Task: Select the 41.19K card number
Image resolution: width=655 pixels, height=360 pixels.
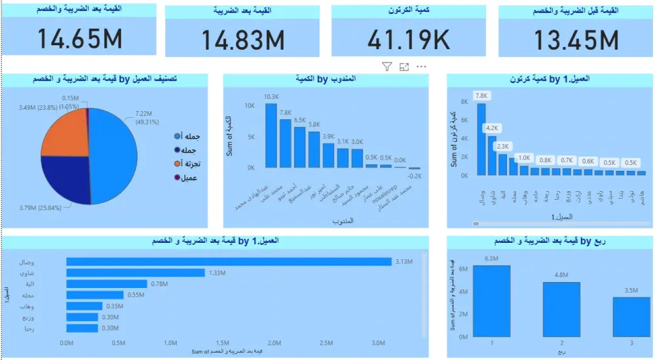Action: click(409, 40)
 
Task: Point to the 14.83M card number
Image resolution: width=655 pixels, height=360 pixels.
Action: click(242, 41)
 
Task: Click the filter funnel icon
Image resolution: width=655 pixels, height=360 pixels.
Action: click(386, 67)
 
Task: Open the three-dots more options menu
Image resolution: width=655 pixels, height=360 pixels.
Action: click(421, 67)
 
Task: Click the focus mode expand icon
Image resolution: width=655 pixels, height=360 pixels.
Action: click(404, 67)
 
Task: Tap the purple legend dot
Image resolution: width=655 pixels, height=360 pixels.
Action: click(178, 177)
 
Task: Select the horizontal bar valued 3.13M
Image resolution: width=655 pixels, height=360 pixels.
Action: click(229, 262)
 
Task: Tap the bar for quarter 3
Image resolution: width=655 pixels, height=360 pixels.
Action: click(632, 317)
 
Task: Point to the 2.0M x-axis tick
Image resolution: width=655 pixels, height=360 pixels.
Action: click(274, 342)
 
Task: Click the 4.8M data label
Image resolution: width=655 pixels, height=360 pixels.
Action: click(561, 275)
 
